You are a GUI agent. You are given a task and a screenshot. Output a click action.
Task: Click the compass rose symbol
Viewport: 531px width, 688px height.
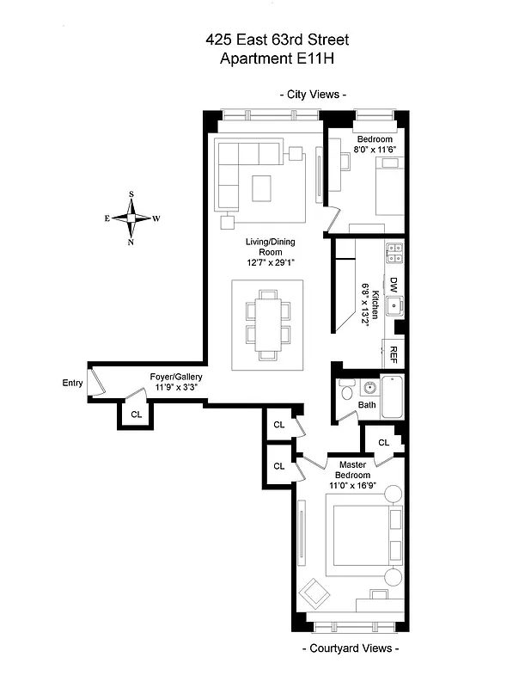tap(131, 218)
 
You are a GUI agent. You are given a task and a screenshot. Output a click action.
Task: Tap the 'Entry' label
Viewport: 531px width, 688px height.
tap(72, 383)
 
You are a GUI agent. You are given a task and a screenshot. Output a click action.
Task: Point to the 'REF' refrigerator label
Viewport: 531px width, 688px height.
tap(394, 353)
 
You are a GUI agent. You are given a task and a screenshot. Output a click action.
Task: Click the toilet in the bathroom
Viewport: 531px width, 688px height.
tap(345, 391)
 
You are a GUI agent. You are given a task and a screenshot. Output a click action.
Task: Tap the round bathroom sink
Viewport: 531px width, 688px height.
tap(370, 388)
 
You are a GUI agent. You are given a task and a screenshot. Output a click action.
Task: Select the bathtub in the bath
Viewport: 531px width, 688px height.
tap(392, 396)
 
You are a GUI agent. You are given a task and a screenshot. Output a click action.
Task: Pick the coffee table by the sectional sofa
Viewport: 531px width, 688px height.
tap(261, 187)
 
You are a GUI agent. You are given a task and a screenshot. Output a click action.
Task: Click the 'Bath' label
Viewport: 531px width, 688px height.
tap(367, 405)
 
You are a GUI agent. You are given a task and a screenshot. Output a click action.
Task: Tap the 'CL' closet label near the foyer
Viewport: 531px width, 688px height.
tap(136, 415)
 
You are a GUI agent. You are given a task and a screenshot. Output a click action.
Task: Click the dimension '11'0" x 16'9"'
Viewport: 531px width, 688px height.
tap(353, 486)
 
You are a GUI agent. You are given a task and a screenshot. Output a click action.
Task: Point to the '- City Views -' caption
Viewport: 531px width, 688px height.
tap(313, 95)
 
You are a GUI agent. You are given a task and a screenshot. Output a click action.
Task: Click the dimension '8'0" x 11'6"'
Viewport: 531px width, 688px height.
tap(375, 150)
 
